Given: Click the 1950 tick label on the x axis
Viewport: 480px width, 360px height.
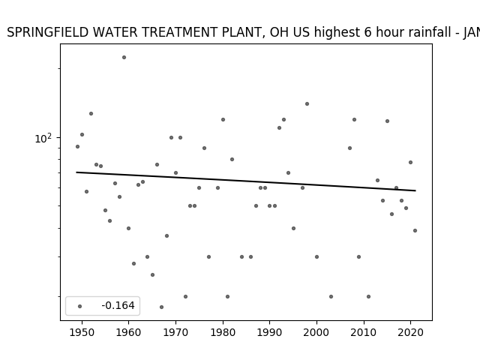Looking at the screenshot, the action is [x=82, y=332].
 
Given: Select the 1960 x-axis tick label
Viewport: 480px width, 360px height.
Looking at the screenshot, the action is [x=128, y=332].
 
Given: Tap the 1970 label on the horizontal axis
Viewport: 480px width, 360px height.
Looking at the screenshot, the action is [x=175, y=332].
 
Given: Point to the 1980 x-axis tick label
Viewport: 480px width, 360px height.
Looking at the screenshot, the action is [x=223, y=332].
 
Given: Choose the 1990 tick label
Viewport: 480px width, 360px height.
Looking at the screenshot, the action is [x=270, y=332].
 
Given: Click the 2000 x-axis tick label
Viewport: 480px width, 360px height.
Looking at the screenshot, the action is [x=316, y=332].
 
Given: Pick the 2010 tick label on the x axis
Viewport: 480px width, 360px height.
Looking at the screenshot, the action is [x=364, y=332].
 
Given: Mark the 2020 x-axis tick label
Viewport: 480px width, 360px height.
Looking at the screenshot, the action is [x=411, y=332].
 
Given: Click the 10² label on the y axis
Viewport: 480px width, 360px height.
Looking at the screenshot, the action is [x=43, y=138].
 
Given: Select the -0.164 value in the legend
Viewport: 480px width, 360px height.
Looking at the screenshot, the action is [x=118, y=305].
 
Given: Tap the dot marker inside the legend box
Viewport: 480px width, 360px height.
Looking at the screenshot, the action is [x=80, y=306].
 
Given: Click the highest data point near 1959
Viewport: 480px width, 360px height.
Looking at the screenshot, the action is [x=124, y=57].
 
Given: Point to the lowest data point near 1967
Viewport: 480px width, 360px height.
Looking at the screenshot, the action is [x=162, y=307].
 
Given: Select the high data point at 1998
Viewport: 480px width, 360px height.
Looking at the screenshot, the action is [x=307, y=103].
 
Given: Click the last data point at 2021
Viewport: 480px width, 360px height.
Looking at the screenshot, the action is [x=415, y=230].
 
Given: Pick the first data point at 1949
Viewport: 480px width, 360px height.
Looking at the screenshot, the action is [x=77, y=147].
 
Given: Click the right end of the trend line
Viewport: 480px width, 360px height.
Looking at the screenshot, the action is [x=415, y=190].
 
